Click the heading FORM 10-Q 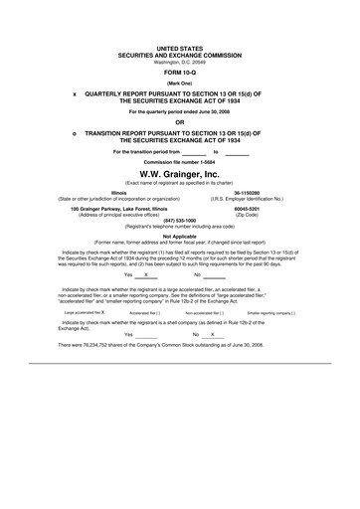click(x=180, y=74)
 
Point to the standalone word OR click(x=180, y=121)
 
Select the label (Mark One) click(x=180, y=84)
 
